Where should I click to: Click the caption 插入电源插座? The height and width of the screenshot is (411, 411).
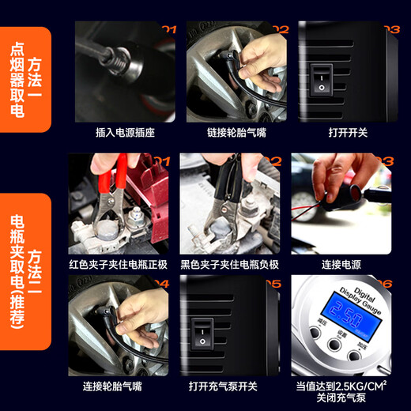(125, 132)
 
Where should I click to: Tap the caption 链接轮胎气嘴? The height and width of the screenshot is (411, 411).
(236, 132)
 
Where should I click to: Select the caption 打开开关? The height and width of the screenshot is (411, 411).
(348, 132)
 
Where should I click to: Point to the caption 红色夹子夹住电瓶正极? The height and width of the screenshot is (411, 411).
(119, 264)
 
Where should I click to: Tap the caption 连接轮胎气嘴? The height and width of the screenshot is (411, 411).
(119, 386)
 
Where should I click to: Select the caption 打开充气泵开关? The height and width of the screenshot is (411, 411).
(230, 386)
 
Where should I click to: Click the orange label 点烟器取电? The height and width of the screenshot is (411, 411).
(17, 79)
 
